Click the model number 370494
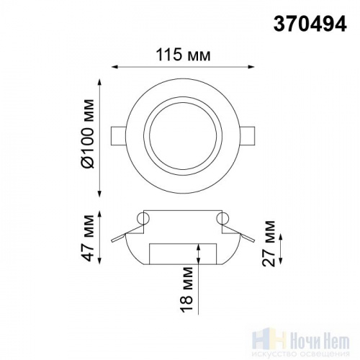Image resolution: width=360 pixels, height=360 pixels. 310,24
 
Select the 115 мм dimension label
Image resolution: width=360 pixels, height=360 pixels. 184,55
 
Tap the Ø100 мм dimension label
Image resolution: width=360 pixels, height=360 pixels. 87,133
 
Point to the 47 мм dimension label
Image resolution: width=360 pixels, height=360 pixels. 87,238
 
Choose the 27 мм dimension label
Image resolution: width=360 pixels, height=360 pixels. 269,243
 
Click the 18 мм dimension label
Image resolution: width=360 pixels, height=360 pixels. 186,289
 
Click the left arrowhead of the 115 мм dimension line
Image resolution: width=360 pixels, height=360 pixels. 115,67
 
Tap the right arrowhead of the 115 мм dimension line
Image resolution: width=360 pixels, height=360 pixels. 251,67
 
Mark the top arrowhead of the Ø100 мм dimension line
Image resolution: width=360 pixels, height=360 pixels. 100,82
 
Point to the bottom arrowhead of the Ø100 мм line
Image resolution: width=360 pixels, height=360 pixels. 100,194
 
